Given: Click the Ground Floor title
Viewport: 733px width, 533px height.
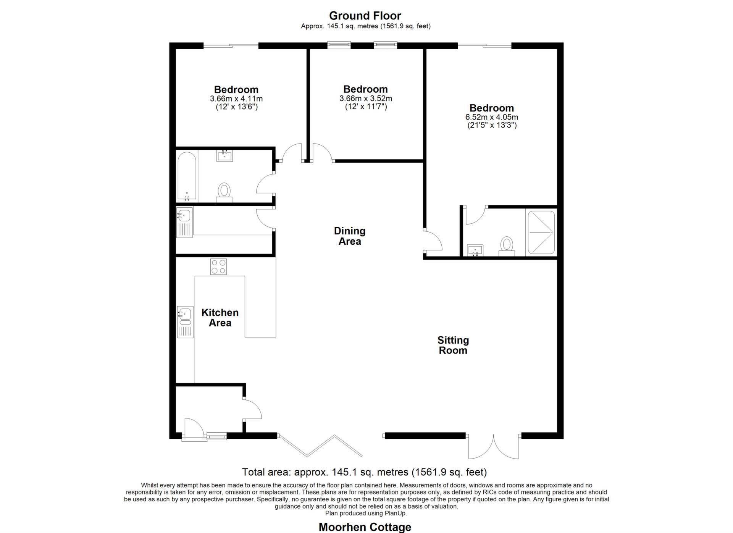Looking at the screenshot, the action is click(x=365, y=16).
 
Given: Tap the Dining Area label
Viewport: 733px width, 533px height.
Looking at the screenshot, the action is click(x=350, y=236).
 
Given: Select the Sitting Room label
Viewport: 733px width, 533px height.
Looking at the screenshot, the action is click(x=453, y=345).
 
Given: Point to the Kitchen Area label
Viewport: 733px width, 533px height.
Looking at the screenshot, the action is click(x=220, y=318).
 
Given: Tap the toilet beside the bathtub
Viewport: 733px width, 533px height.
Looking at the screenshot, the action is click(x=224, y=192).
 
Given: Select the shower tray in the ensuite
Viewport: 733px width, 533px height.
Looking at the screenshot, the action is click(x=541, y=233).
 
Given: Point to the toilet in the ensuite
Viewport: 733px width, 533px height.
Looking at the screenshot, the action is click(x=507, y=246).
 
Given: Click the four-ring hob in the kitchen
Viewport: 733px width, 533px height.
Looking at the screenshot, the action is click(x=218, y=266).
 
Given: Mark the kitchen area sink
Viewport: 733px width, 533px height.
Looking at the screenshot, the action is click(x=185, y=321).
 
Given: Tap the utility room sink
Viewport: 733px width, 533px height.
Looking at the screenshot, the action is click(x=184, y=223).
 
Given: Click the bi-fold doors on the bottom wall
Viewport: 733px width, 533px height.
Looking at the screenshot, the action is click(x=320, y=446).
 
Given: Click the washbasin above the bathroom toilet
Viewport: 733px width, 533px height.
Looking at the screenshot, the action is click(x=224, y=156).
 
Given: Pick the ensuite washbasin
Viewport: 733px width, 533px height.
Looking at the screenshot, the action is click(x=475, y=250).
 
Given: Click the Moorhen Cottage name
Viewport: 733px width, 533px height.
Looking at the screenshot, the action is click(x=365, y=527).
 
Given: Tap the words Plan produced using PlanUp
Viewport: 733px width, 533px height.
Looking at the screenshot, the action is click(x=366, y=513).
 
